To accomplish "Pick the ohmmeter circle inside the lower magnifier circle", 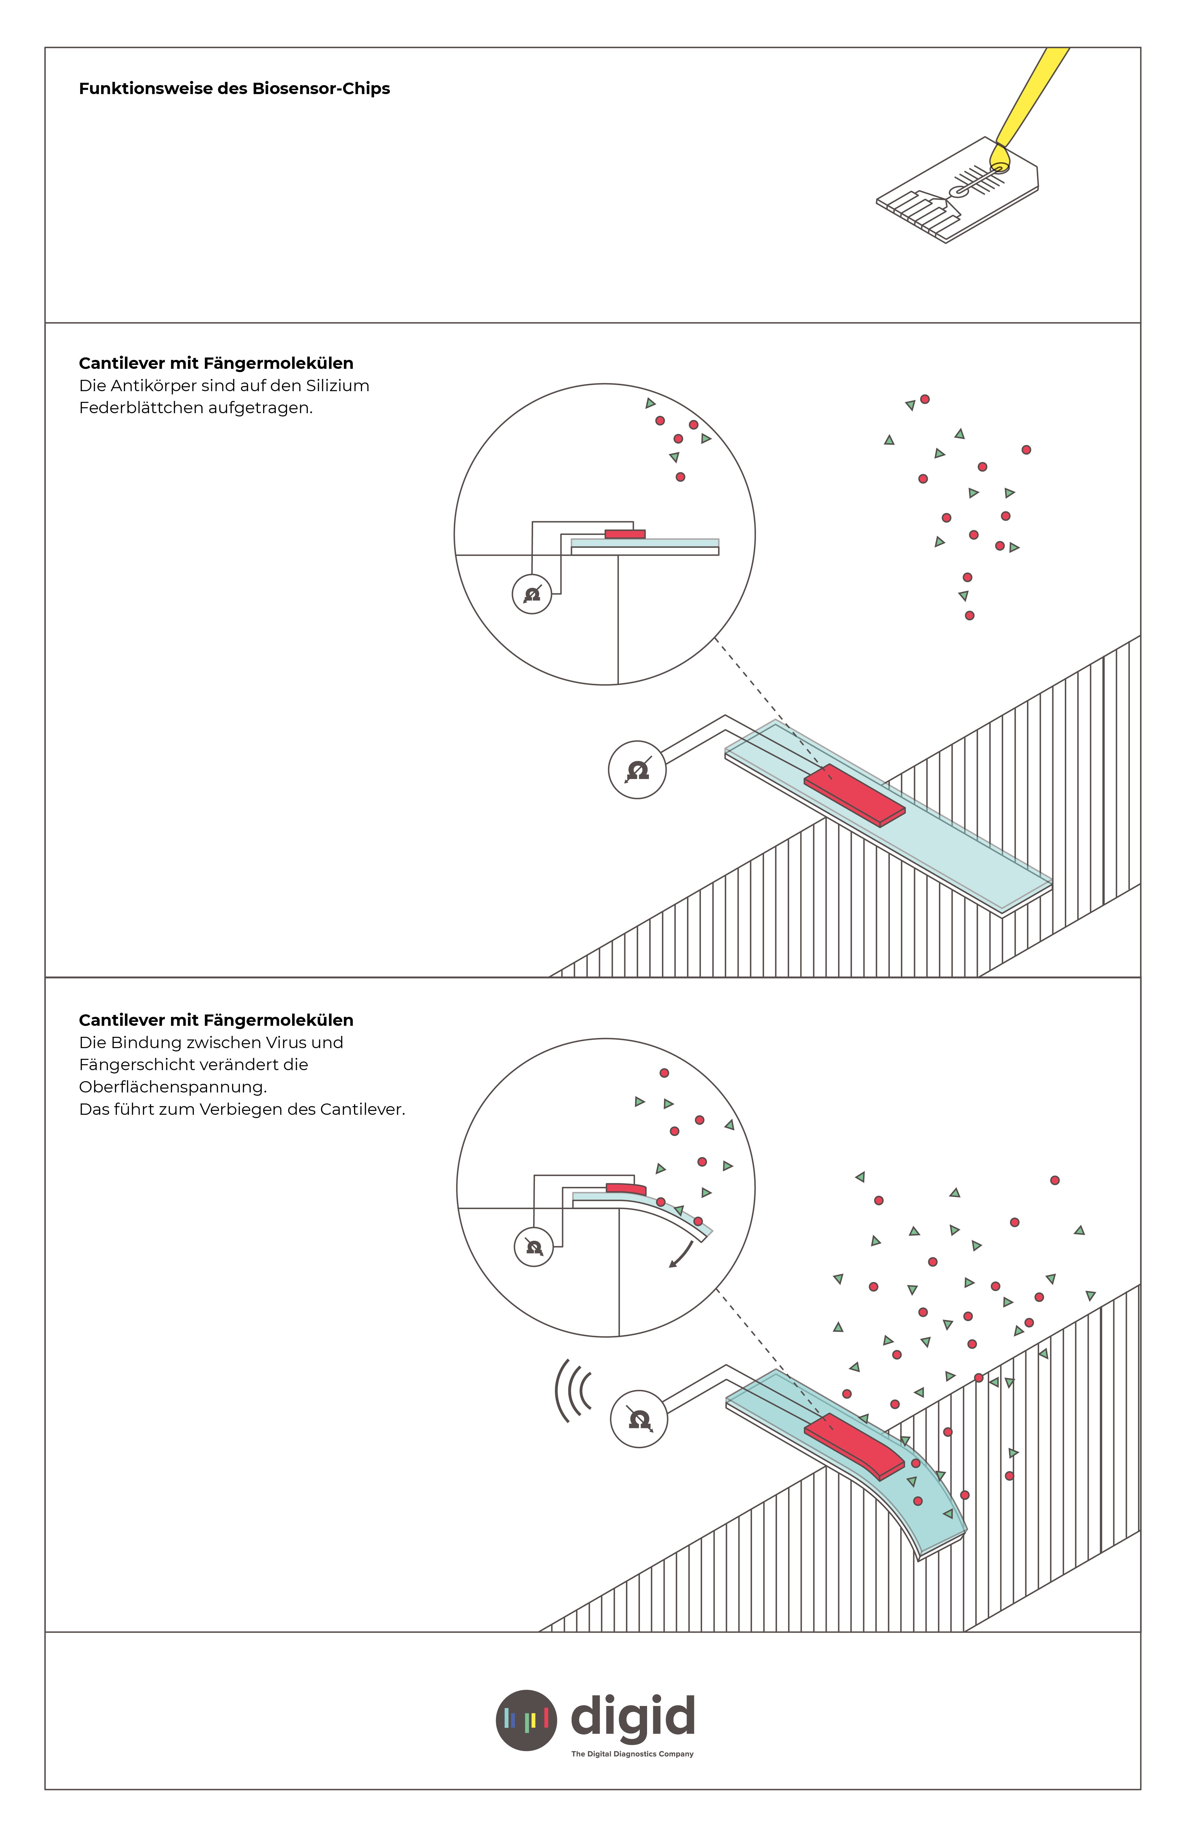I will [x=534, y=1247].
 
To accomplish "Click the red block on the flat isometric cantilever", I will [x=854, y=795].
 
